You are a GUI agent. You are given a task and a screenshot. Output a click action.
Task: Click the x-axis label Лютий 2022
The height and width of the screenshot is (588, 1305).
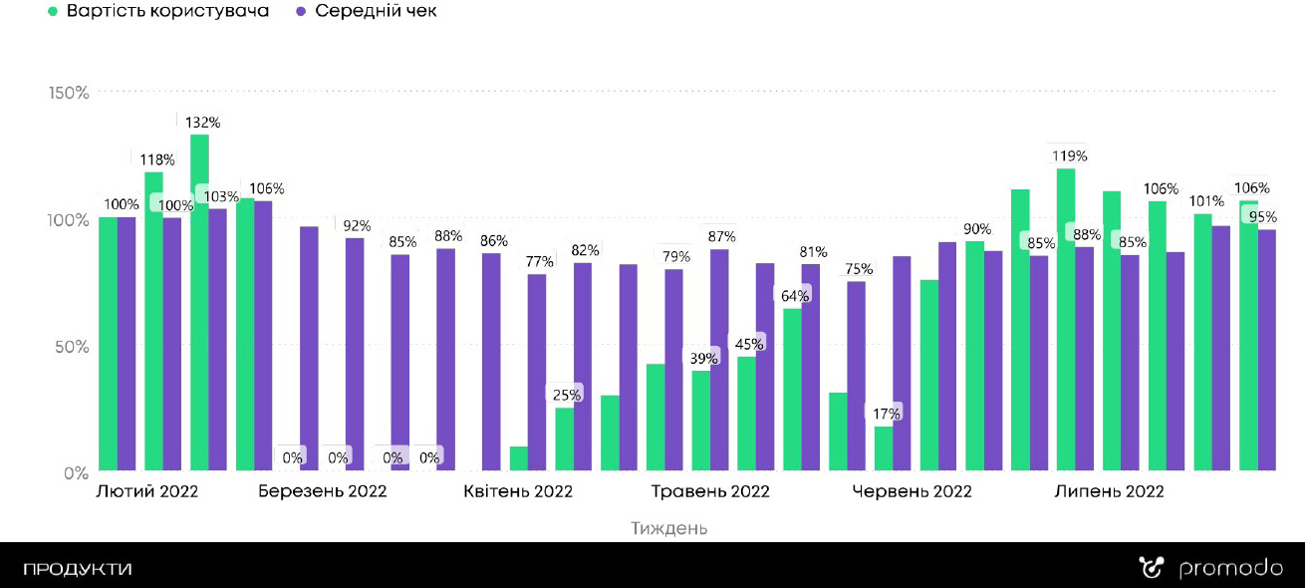(146, 491)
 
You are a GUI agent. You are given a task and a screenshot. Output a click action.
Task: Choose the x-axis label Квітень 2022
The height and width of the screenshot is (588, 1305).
(518, 491)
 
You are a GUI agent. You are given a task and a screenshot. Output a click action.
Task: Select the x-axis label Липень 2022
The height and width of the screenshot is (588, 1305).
(1109, 491)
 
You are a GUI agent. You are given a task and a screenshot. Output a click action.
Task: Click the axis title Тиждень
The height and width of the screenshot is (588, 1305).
(669, 528)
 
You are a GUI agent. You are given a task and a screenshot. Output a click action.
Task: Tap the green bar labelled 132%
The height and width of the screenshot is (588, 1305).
(199, 299)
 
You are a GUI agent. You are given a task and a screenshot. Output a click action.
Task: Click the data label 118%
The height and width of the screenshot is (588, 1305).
(156, 159)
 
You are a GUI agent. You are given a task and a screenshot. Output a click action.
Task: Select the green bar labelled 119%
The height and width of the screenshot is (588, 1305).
(1066, 319)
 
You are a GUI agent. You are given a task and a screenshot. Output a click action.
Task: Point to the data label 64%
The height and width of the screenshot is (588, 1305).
(795, 295)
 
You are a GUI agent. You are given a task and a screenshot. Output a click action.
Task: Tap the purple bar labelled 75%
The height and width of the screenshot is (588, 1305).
(857, 374)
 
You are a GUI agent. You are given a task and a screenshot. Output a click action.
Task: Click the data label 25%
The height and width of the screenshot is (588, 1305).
(568, 395)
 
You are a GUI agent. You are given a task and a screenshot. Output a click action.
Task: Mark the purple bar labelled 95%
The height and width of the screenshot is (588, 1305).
(1267, 349)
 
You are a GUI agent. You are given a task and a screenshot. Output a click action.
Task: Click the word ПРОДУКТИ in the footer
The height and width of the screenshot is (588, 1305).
(78, 570)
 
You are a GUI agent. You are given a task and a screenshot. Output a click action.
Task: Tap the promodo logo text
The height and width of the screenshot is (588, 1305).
(1230, 569)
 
